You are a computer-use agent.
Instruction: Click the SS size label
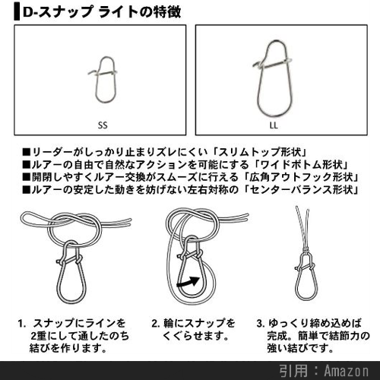pos(103,125)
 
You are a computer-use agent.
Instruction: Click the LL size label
pos(274,125)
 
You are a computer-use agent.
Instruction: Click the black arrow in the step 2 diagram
pos(188,282)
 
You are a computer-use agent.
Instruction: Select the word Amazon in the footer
pos(347,371)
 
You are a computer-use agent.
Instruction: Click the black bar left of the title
pos(17,12)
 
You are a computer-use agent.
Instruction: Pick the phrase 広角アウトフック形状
pos(302,177)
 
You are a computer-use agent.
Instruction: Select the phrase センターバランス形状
pos(302,189)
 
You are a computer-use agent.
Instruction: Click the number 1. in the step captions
pos(22,324)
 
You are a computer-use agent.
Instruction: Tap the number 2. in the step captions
pos(156,324)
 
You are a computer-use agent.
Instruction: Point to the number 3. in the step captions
pos(261,324)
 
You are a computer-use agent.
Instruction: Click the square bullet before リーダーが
pos(26,152)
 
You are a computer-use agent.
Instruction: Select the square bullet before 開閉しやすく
pos(26,177)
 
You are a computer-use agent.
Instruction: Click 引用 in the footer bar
pos(294,371)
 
